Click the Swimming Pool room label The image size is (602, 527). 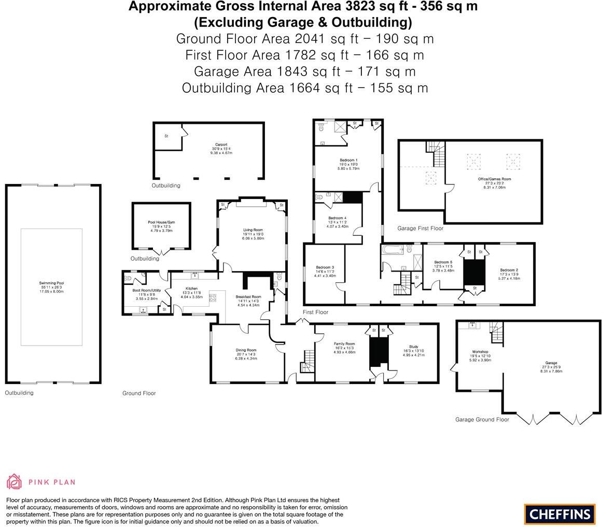point(51,283)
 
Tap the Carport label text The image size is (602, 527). point(221,145)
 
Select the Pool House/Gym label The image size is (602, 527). point(161,222)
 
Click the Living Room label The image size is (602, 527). point(254,230)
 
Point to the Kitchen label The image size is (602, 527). point(191,289)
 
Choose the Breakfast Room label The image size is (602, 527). point(249,297)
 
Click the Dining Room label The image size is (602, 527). point(246,350)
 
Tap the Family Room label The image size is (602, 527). point(344,344)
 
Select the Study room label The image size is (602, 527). point(413,347)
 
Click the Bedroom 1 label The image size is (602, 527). point(348,160)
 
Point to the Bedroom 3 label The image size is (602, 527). point(325,267)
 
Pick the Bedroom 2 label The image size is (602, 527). point(509,270)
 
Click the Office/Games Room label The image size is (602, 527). point(494,179)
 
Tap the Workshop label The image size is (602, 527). point(480,352)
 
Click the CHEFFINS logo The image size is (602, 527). point(559,514)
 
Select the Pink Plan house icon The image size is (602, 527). point(14,481)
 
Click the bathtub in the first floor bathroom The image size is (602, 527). point(393,250)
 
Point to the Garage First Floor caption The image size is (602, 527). point(420,228)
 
